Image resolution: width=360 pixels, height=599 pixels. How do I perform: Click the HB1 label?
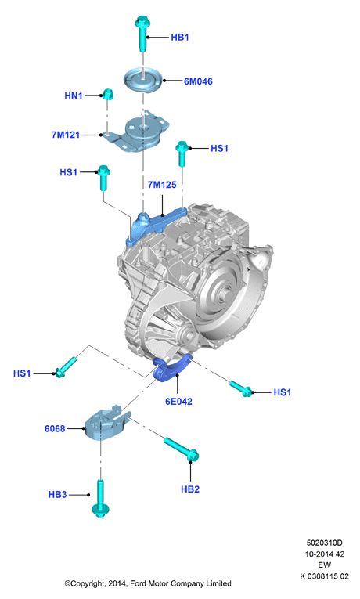[x=180, y=37]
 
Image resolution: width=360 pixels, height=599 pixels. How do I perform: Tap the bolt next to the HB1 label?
[x=142, y=33]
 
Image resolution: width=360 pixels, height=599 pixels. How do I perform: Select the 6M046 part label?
[x=198, y=81]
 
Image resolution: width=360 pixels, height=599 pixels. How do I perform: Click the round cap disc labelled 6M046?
[x=143, y=79]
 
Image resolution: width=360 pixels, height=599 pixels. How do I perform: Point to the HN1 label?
[x=74, y=96]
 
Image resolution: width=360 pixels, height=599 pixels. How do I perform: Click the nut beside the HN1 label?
[x=108, y=94]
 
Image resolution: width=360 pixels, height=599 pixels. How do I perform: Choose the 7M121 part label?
[x=66, y=135]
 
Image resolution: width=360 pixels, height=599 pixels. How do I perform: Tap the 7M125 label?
[x=162, y=185]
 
